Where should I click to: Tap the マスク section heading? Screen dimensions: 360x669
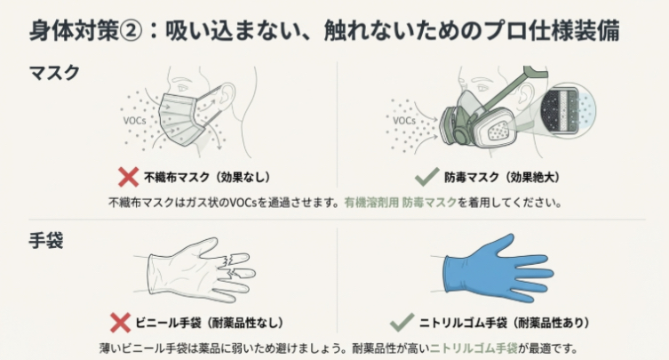click(x=54, y=72)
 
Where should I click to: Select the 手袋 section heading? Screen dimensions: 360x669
click(x=47, y=239)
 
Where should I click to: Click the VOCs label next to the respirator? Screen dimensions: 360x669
click(x=404, y=119)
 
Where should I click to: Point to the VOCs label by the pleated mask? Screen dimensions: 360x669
click(x=134, y=117)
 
